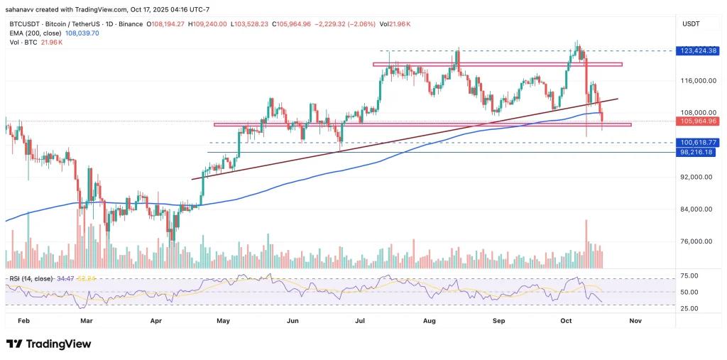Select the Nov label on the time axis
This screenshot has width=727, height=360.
point(635,321)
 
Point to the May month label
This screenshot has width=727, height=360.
point(223,321)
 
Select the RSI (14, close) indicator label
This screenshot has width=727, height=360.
point(30,279)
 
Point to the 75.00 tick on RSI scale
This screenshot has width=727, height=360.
point(689,276)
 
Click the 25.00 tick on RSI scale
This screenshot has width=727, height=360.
point(689,308)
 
